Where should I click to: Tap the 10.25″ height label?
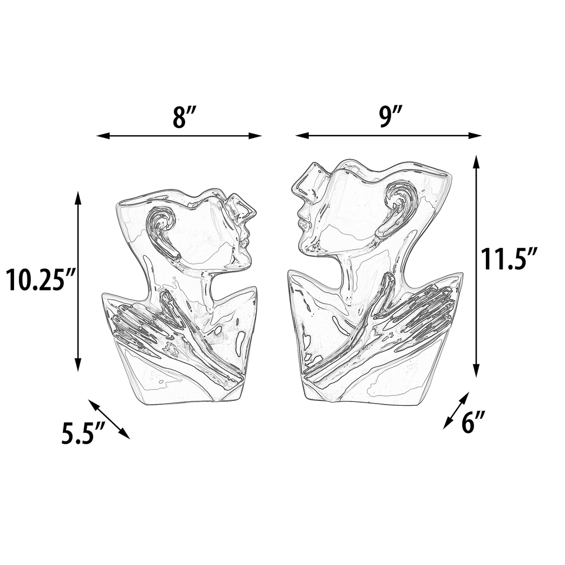pyautogui.click(x=39, y=280)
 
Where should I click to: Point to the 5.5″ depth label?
pyautogui.click(x=82, y=434)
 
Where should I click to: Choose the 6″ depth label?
pyautogui.click(x=474, y=423)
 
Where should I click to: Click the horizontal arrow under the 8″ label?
pyautogui.click(x=179, y=136)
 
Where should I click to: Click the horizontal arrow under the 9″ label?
pyautogui.click(x=388, y=136)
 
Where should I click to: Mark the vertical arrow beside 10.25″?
pyautogui.click(x=79, y=280)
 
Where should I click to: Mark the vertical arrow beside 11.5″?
pyautogui.click(x=476, y=266)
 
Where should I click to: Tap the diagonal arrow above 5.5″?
pyautogui.click(x=109, y=419)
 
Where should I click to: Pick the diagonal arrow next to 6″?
pyautogui.click(x=455, y=410)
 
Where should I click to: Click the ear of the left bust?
pyautogui.click(x=160, y=226)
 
